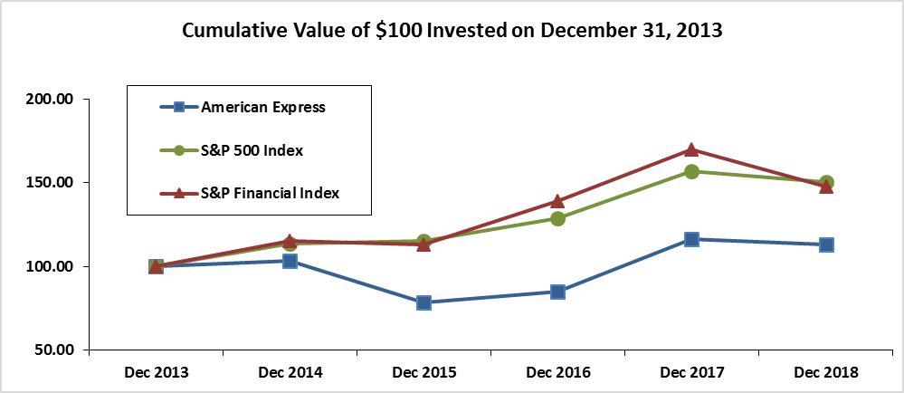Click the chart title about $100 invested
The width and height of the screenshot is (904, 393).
pyautogui.click(x=452, y=30)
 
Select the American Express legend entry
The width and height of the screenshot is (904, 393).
pyautogui.click(x=262, y=107)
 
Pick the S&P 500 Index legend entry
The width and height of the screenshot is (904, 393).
pyautogui.click(x=252, y=149)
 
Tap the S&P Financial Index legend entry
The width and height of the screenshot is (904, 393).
pyautogui.click(x=270, y=193)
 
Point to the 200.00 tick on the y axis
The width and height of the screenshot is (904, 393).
pyautogui.click(x=52, y=100)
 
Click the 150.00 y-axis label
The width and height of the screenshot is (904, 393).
pyautogui.click(x=52, y=183)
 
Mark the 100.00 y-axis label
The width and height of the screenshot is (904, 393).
pyautogui.click(x=52, y=267)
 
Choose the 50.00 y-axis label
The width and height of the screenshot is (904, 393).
pyautogui.click(x=56, y=350)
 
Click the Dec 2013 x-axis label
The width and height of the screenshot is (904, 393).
pyautogui.click(x=156, y=372)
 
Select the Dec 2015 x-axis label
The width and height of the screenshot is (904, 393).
pyautogui.click(x=423, y=372)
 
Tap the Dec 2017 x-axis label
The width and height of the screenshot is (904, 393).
pyautogui.click(x=691, y=372)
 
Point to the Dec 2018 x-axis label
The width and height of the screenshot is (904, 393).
pyautogui.click(x=825, y=372)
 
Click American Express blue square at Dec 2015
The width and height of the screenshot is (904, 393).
pyautogui.click(x=423, y=302)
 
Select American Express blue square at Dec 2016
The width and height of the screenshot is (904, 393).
pyautogui.click(x=557, y=292)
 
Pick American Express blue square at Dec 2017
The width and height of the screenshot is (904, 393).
pyautogui.click(x=691, y=239)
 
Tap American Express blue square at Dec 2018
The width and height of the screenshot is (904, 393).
pyautogui.click(x=825, y=244)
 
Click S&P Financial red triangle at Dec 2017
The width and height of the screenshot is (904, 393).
pyautogui.click(x=691, y=149)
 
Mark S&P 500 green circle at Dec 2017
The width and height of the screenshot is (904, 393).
pyautogui.click(x=691, y=171)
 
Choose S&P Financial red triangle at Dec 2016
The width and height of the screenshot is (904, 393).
pyautogui.click(x=557, y=201)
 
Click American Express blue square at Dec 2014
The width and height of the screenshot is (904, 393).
pyautogui.click(x=290, y=261)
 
